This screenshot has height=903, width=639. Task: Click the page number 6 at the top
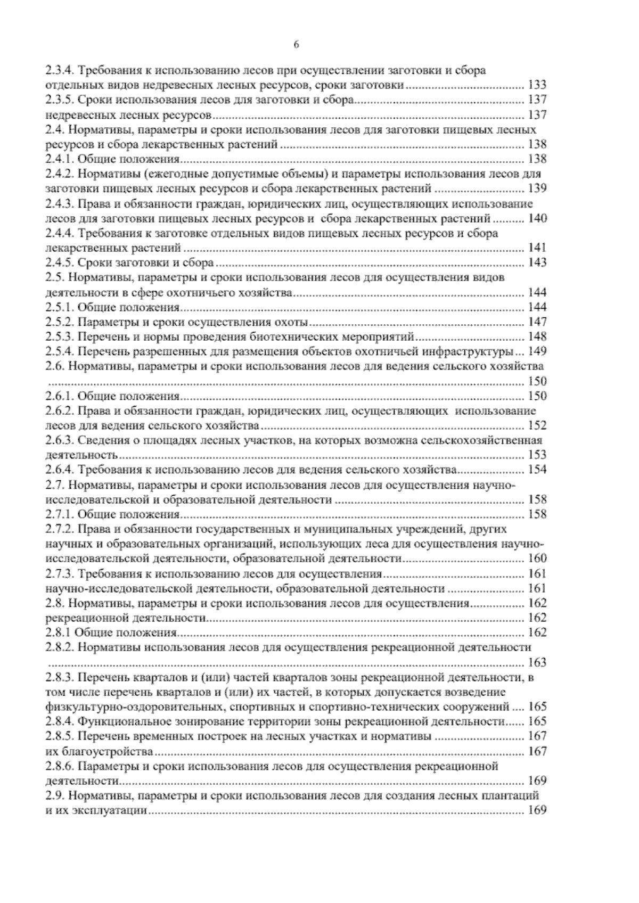[296, 45]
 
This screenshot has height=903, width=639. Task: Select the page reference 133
[537, 85]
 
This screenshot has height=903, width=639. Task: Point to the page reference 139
[537, 188]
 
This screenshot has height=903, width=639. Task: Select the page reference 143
[537, 262]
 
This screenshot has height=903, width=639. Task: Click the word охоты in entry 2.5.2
[294, 322]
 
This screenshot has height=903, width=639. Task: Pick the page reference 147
[537, 322]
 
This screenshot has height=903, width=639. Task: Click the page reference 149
[537, 351]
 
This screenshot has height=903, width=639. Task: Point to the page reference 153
[537, 455]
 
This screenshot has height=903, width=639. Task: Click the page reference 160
[537, 559]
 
